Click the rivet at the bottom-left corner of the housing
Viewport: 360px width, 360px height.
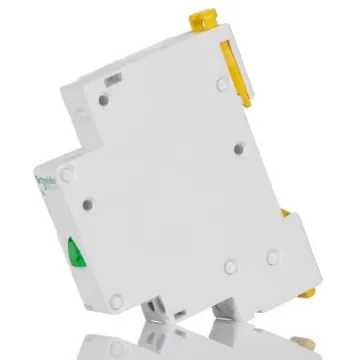[116, 298]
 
